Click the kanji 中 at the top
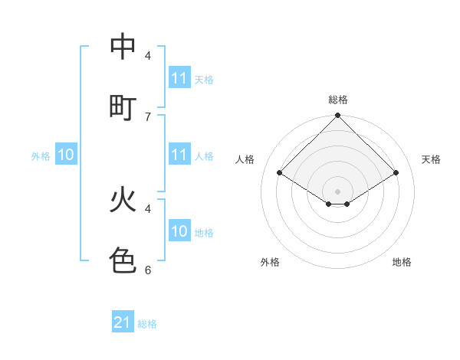point(123,47)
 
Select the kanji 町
point(123,106)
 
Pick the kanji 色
point(123,260)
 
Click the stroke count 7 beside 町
point(148,116)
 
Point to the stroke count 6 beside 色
point(148,270)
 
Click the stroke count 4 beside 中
point(148,56)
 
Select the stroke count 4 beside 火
point(148,208)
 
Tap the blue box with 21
point(123,322)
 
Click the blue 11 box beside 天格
point(179,78)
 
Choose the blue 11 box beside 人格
point(179,155)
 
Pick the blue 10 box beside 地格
point(179,231)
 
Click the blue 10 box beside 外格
point(66,155)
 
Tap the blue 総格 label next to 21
point(147,324)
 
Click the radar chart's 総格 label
point(338,100)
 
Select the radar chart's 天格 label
point(431,159)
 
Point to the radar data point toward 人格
point(280,173)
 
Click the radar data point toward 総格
point(338,116)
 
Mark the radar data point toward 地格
point(347,204)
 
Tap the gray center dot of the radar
point(338,191)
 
